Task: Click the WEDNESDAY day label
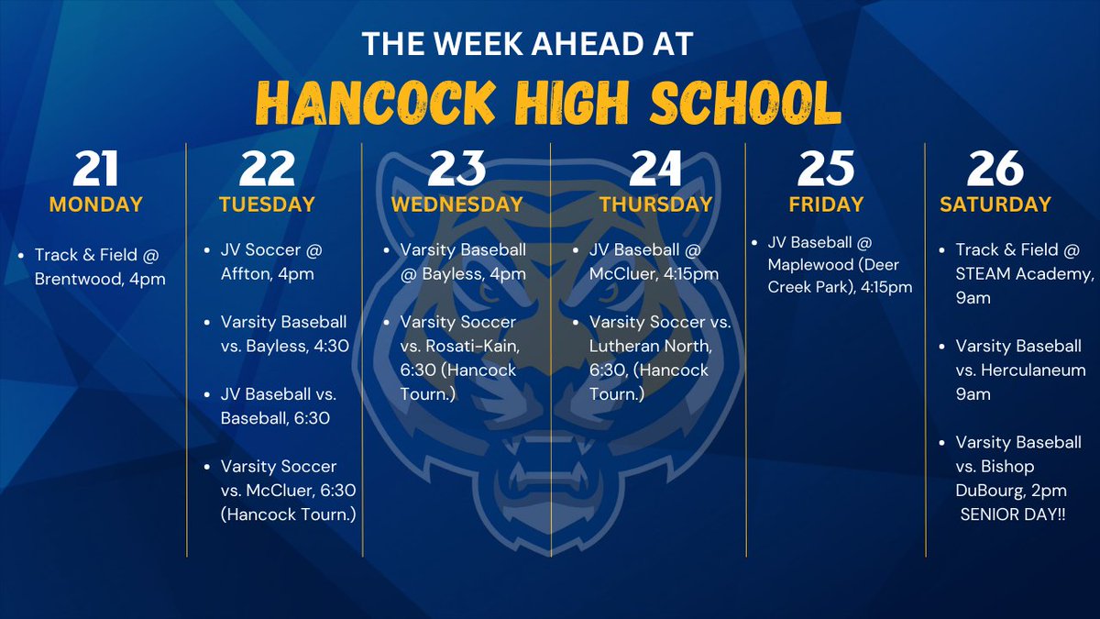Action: (456, 204)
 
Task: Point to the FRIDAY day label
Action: (826, 204)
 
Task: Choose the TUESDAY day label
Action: (267, 204)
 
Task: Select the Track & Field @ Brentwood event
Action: (99, 266)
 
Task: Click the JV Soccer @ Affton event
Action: (271, 260)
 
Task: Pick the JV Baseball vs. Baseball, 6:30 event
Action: (278, 406)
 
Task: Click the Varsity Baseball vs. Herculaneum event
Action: (1019, 370)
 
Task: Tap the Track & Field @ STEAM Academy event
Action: (1019, 273)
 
